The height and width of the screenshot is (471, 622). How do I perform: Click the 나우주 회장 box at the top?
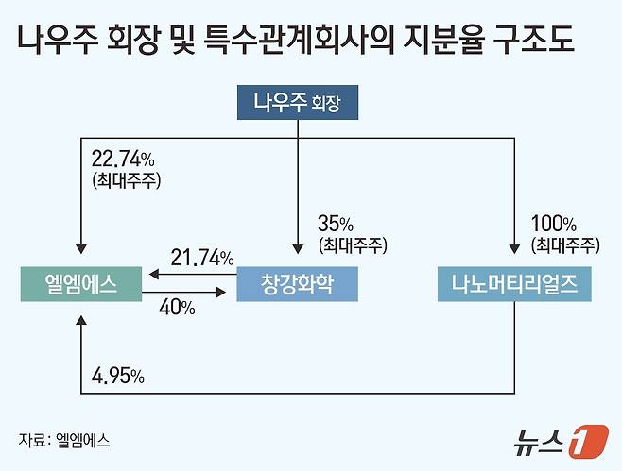coord(297,103)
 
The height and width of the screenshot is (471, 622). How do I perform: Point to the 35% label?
coord(336,225)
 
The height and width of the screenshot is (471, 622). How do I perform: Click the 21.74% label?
coord(201,257)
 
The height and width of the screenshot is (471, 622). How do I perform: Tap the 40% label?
coord(178,308)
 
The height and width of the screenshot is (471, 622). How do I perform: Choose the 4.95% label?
coord(117,376)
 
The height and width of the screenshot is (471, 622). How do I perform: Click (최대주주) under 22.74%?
coord(124,179)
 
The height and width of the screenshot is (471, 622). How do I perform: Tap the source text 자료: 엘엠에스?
coord(58,439)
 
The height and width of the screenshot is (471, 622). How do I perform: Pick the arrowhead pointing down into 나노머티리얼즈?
coord(514,247)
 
